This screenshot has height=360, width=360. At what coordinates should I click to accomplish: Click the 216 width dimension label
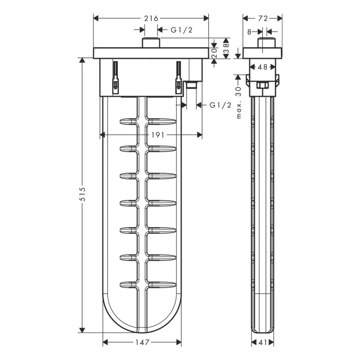[x=151, y=19]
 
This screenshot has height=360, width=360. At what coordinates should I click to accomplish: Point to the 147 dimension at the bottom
[x=142, y=343]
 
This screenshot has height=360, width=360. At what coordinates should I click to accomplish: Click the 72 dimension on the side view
[x=262, y=19]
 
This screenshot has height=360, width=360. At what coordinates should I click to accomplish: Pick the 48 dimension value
[x=262, y=67]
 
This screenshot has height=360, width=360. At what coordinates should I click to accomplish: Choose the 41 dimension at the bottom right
[x=262, y=343]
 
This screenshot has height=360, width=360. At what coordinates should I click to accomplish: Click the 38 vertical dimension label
[x=225, y=48]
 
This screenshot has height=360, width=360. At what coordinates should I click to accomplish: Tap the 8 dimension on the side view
[x=249, y=31]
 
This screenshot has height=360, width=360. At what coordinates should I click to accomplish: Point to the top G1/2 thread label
[x=181, y=30]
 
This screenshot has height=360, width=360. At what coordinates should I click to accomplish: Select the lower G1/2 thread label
[x=220, y=105]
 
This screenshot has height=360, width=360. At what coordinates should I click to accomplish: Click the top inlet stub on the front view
[x=150, y=43]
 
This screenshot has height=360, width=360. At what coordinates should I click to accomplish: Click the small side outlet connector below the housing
[x=192, y=84]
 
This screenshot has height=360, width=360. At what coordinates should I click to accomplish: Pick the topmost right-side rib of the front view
[x=162, y=121]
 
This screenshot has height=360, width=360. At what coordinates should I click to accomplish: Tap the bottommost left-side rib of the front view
[x=129, y=284]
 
